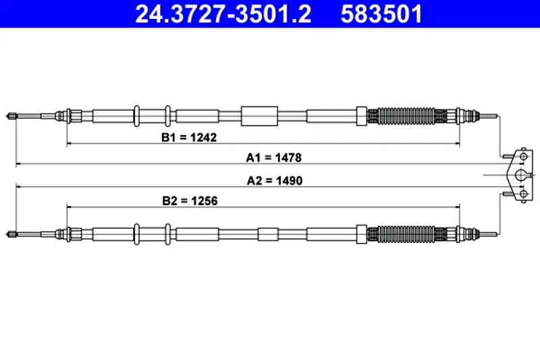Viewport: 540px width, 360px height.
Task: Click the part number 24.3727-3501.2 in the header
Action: [223, 14]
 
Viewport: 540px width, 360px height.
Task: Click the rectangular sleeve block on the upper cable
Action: [259, 115]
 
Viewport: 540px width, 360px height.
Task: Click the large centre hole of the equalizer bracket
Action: [520, 176]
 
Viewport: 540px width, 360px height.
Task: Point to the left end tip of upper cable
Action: [12, 117]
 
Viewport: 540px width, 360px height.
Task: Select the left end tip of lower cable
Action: [12, 234]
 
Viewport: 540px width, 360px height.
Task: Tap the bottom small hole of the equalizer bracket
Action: [522, 195]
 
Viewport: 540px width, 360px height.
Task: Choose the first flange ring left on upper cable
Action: [137, 115]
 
